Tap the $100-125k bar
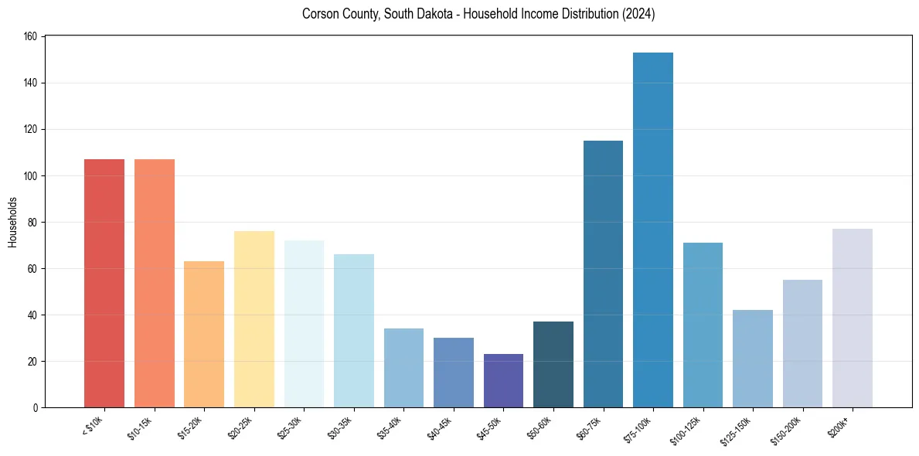703,325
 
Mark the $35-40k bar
403,368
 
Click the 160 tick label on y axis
32,36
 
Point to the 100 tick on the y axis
32,175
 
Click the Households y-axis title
12,222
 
